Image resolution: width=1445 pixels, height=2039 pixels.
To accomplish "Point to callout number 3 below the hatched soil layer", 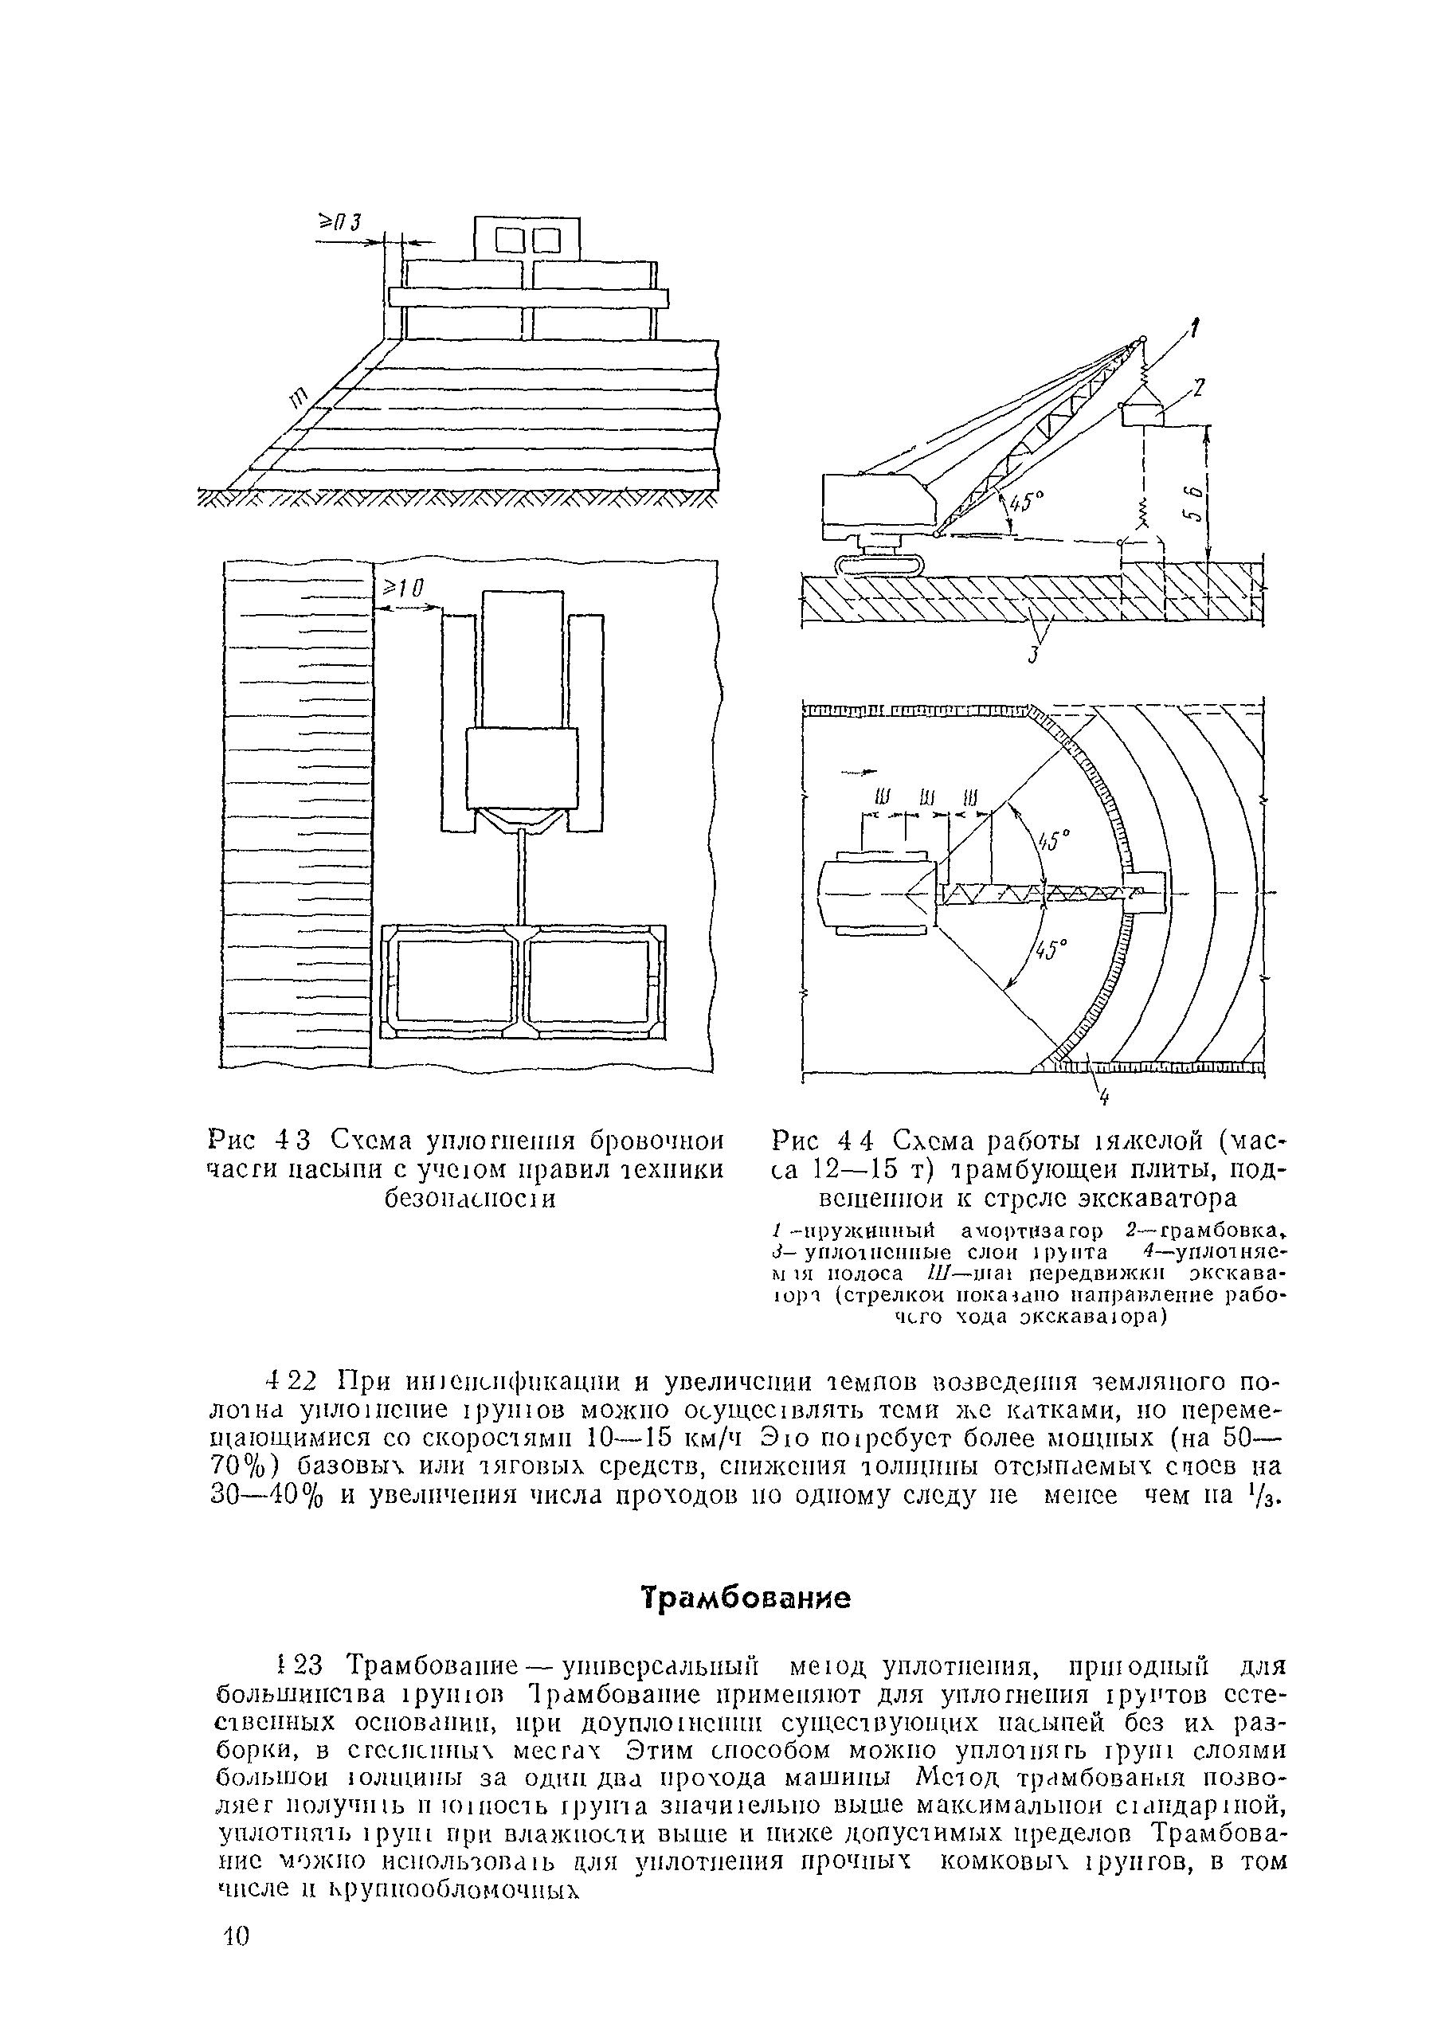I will [1034, 657].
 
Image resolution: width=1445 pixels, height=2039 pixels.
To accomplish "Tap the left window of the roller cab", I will [510, 241].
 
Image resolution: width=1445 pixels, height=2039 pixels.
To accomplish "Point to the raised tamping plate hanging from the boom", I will [1142, 413].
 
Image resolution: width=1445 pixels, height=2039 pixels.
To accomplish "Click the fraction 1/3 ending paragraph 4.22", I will [1271, 1497].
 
